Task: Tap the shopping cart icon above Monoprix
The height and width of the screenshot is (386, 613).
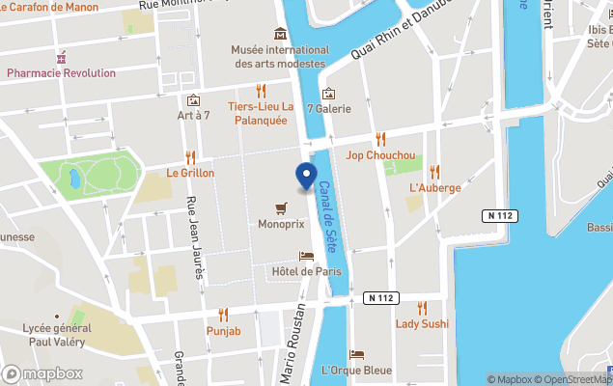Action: pyautogui.click(x=281, y=207)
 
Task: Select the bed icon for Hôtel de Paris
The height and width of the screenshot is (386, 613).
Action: pyautogui.click(x=306, y=256)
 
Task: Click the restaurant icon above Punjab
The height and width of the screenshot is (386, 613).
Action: pyautogui.click(x=223, y=315)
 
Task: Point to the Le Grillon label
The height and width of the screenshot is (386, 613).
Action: pyautogui.click(x=190, y=173)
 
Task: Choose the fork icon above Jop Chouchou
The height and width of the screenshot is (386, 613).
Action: pyautogui.click(x=380, y=139)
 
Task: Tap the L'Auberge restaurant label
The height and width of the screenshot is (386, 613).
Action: pyautogui.click(x=434, y=187)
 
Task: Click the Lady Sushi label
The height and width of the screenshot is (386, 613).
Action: pyautogui.click(x=422, y=323)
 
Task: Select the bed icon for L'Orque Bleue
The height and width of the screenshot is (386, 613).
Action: pyautogui.click(x=356, y=354)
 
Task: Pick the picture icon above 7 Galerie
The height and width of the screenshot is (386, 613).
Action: pyautogui.click(x=328, y=94)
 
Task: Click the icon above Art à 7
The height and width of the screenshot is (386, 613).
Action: pyautogui.click(x=193, y=100)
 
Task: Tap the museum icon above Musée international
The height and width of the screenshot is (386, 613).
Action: pyautogui.click(x=280, y=34)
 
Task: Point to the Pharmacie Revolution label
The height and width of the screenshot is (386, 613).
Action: pyautogui.click(x=61, y=72)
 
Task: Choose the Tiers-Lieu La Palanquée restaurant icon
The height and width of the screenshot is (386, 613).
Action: pyautogui.click(x=261, y=91)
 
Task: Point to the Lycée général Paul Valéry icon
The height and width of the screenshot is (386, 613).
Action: pyautogui.click(x=58, y=316)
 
